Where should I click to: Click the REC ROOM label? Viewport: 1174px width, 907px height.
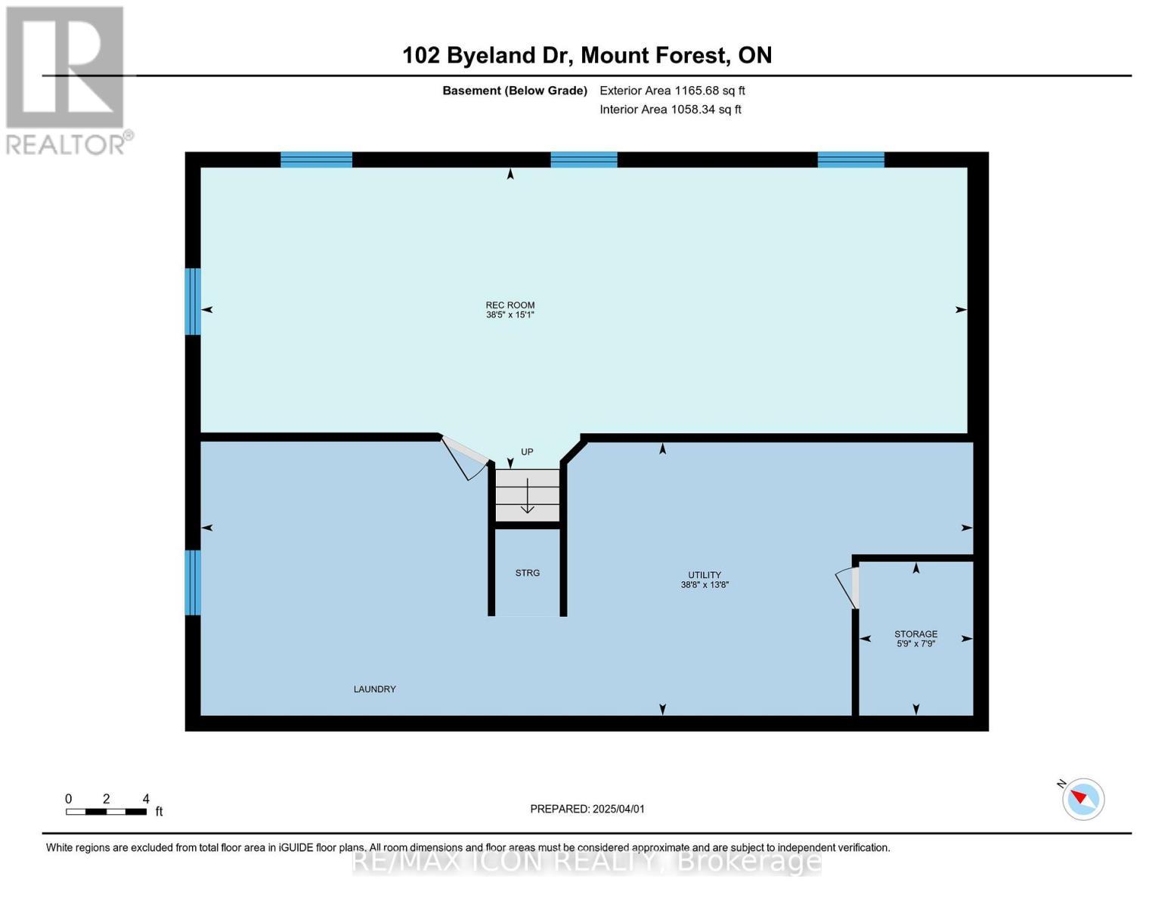pos(510,305)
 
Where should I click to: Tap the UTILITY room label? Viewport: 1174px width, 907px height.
pos(704,574)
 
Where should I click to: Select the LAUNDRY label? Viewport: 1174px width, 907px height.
pos(374,689)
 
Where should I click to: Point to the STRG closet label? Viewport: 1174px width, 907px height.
pos(528,573)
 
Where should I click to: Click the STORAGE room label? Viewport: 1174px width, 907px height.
pos(915,633)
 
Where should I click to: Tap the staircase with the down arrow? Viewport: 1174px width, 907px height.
pos(528,495)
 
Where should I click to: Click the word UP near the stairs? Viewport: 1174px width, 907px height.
pos(527,451)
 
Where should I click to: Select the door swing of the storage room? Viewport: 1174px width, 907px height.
pos(847,588)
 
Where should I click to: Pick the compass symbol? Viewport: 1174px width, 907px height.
pos(1083,800)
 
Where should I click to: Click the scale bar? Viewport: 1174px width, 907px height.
pos(106,811)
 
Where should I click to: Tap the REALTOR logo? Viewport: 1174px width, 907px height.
pos(67,81)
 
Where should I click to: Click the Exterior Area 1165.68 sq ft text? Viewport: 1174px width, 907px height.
pos(672,91)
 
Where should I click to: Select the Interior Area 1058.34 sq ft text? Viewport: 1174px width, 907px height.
pos(670,110)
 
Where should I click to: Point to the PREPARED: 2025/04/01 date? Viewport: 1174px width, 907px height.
pos(587,809)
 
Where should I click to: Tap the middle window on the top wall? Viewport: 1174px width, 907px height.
pos(584,160)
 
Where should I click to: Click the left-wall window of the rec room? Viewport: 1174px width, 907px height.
pos(193,302)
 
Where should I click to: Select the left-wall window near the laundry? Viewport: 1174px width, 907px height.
pos(193,582)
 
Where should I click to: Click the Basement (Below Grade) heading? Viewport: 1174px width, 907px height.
pos(514,91)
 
